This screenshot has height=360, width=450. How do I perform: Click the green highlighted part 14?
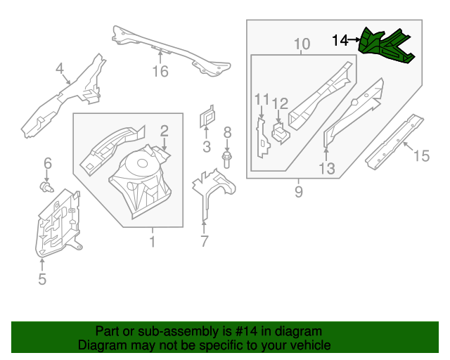point(385,46)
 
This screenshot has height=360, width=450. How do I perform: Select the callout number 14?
point(340,41)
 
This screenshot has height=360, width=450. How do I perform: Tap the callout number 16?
point(160,72)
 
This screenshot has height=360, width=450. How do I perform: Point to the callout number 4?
point(60,68)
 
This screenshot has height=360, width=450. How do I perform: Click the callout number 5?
point(41,280)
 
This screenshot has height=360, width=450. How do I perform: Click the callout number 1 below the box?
point(152,243)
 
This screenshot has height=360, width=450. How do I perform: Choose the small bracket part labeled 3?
point(206,117)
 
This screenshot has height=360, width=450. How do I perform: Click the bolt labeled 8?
point(227,159)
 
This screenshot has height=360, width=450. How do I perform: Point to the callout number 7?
point(204,243)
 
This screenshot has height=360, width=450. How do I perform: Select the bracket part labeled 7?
point(211,186)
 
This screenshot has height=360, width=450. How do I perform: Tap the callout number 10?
point(302,45)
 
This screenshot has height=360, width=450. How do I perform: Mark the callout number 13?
point(326,168)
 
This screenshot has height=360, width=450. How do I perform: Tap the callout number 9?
point(299,191)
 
